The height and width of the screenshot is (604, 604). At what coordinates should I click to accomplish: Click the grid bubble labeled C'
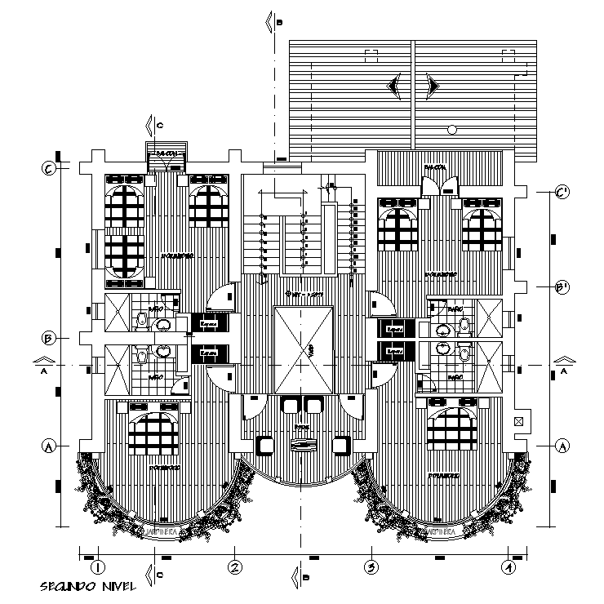point(562,193)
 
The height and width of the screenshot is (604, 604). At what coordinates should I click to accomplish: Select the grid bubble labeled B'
point(562,286)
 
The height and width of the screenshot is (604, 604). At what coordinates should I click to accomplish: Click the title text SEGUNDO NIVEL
point(79,586)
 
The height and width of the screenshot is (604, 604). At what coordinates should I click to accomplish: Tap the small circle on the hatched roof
point(451,130)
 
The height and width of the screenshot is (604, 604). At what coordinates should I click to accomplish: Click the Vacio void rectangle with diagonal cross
point(304,349)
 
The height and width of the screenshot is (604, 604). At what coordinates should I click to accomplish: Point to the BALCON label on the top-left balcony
point(168,153)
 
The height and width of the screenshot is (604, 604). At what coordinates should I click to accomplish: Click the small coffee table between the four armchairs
point(303,443)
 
